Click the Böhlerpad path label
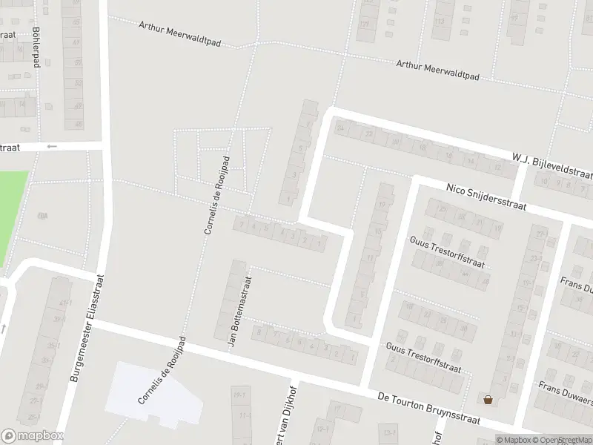pos(36,47)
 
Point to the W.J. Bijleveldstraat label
pos(551,165)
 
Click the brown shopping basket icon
pos(488,400)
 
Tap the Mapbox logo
pos(33,435)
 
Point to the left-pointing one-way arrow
pos(51,146)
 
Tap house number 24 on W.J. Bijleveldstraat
pos(341,129)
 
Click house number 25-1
pos(33,400)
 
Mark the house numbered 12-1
pos(322,429)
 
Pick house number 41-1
pos(66,303)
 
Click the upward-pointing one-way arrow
pos(3,328)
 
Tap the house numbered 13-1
pos(387,432)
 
